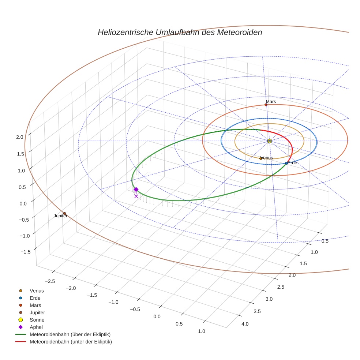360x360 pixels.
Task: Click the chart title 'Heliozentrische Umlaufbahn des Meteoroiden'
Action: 180,32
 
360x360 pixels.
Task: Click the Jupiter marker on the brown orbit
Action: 65,214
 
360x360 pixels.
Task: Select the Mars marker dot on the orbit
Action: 266,105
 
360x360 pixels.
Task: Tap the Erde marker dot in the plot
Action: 286,163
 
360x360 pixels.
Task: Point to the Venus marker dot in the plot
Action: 261,158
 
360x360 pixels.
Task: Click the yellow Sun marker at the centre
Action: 270,141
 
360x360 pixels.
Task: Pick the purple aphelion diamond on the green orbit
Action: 136,190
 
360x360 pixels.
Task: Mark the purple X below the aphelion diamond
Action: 136,196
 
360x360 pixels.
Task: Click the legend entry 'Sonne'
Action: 37,320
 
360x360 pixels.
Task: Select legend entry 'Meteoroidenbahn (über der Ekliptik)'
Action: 70,334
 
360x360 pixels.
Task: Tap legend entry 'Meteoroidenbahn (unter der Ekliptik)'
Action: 71,342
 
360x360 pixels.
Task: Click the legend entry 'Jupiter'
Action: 37,312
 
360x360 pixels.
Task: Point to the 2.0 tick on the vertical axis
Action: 19,137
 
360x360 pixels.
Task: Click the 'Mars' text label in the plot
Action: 271,101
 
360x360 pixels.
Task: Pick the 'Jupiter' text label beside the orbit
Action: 60,216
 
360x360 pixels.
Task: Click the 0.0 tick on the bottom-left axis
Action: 157,316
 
